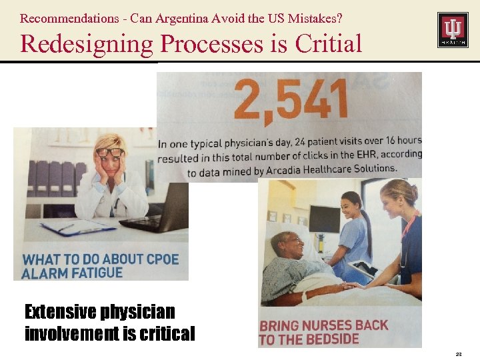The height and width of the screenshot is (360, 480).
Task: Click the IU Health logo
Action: pyautogui.click(x=452, y=29)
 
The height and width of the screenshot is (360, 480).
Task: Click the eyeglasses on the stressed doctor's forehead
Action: pyautogui.click(x=110, y=152)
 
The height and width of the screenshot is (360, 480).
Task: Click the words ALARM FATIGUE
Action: pyautogui.click(x=73, y=273)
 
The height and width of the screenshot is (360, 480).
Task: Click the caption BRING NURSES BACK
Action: pyautogui.click(x=323, y=325)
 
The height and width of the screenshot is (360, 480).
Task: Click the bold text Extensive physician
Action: pyautogui.click(x=99, y=311)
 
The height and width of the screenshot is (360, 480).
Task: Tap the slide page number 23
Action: pyautogui.click(x=459, y=353)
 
